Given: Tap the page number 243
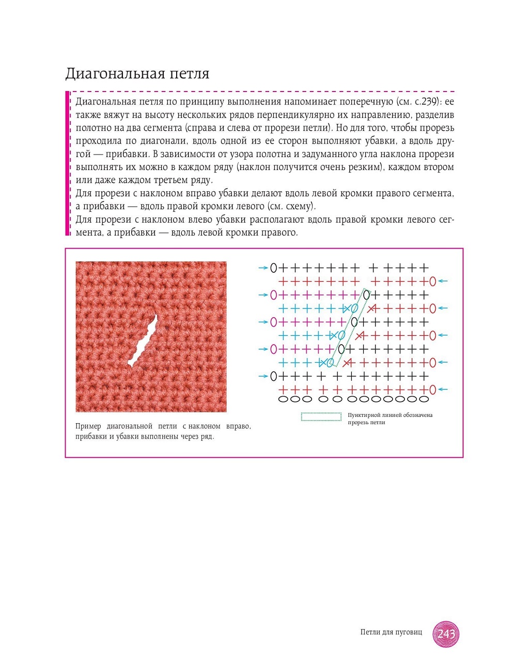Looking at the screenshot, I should [x=446, y=634].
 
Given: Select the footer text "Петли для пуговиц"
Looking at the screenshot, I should [x=391, y=632].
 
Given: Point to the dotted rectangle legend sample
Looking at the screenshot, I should [x=321, y=416].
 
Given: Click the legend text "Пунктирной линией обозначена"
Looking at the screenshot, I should [x=390, y=415].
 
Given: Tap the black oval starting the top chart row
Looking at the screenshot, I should [x=273, y=268].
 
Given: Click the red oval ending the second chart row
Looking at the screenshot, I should [x=432, y=282].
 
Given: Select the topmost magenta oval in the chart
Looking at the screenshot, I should [x=273, y=295].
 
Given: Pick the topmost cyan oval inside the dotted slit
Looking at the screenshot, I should [x=354, y=308].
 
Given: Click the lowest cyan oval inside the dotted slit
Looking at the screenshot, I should [x=330, y=362].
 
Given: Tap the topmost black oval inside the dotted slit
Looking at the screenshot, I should [x=366, y=295].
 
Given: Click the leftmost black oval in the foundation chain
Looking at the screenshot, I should [x=283, y=399].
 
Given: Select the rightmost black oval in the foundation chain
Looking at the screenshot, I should [x=424, y=399].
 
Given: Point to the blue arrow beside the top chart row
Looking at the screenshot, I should [x=262, y=268].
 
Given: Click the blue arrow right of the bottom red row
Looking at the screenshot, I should [x=443, y=390].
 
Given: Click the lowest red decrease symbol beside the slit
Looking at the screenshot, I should [x=348, y=362].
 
